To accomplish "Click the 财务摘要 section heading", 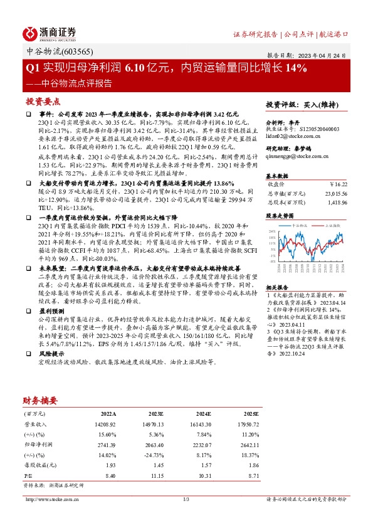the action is point(41,400).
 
